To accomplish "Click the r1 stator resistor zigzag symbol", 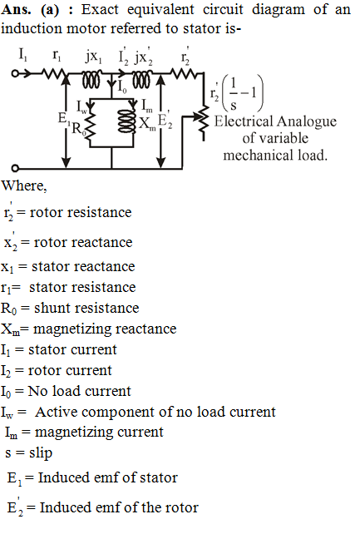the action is [53, 73].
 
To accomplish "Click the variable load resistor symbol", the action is [204, 118].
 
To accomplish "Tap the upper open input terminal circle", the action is [15, 73].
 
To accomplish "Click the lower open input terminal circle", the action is [15, 168].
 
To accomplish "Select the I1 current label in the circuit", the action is [22, 55].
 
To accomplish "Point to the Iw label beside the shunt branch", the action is [81, 107].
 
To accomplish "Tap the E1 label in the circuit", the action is [64, 119].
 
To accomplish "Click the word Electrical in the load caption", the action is [243, 121].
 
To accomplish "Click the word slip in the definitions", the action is [41, 453].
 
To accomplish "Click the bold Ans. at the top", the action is [16, 9].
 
